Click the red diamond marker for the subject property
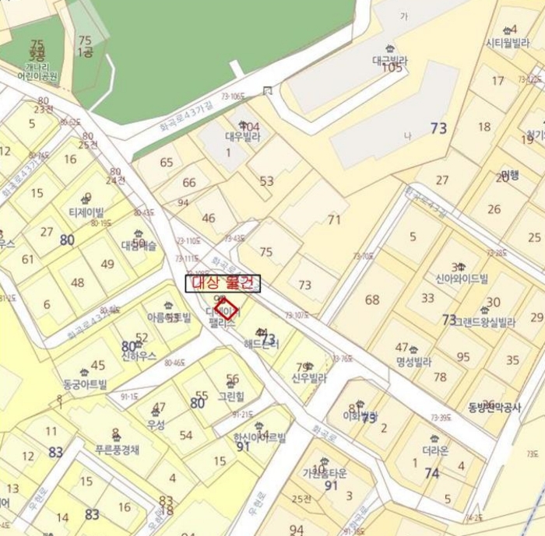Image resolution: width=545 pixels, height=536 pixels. pyautogui.click(x=227, y=308)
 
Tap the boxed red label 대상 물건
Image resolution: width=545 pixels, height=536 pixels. pyautogui.click(x=223, y=283)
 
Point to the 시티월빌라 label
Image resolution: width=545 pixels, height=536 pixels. pyautogui.click(x=507, y=43)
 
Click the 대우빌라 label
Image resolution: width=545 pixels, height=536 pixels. pyautogui.click(x=242, y=137)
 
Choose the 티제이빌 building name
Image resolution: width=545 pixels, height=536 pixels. pyautogui.click(x=86, y=211)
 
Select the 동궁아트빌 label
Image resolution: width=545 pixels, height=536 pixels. pyautogui.click(x=85, y=384)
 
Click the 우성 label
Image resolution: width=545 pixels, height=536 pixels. pyautogui.click(x=156, y=425)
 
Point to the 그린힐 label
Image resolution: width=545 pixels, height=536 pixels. pyautogui.click(x=231, y=394)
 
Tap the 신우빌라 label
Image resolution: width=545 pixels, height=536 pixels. pyautogui.click(x=309, y=379)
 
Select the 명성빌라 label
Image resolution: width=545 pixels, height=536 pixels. pyautogui.click(x=413, y=361)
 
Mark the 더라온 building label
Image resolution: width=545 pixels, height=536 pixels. pyautogui.click(x=434, y=450)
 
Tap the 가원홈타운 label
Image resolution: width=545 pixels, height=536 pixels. pyautogui.click(x=325, y=472)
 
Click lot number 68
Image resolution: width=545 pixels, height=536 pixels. pyautogui.click(x=372, y=300)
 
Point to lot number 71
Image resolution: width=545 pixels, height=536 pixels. pyautogui.click(x=334, y=220)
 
